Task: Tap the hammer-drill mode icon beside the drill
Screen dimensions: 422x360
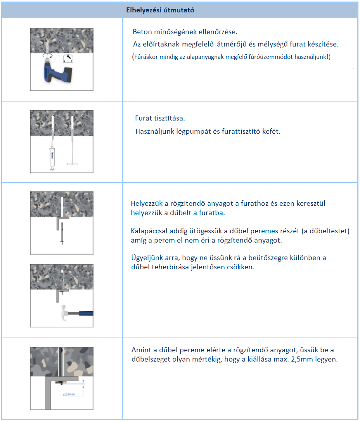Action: pos(69,59)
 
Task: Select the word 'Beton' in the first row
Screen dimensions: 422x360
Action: pos(141,31)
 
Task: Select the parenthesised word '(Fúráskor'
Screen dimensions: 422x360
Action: pos(145,57)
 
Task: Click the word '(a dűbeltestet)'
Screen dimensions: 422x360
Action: pos(328,231)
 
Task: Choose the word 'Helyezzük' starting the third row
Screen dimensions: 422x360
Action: pos(147,203)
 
